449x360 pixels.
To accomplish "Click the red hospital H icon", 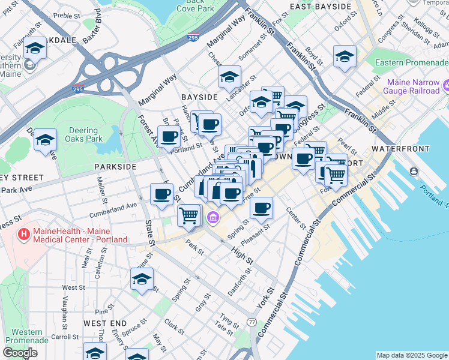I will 24,234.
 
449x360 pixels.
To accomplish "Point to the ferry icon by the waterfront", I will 414,172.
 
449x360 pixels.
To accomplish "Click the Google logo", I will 20,353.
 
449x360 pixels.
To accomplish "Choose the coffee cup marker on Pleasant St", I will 261,208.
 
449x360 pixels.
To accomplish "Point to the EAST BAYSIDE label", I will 320,7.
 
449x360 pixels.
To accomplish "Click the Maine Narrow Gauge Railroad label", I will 414,86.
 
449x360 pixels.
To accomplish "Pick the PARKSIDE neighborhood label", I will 115,166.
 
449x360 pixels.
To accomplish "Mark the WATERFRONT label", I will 400,148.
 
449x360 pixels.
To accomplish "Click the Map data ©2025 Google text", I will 411,355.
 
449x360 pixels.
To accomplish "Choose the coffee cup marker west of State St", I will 161,194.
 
